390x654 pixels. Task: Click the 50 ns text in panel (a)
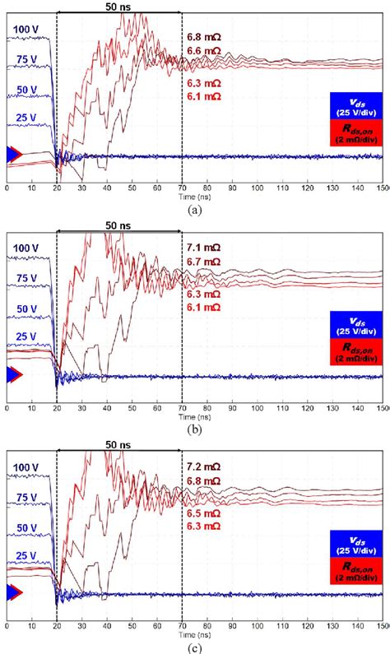[118, 6]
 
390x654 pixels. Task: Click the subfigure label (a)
[195, 209]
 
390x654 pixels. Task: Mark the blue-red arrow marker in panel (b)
[14, 374]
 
